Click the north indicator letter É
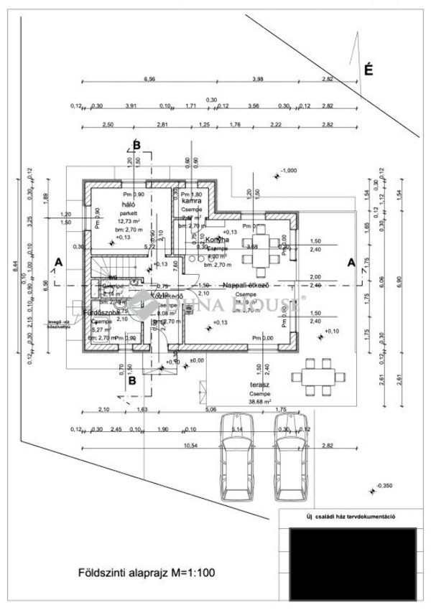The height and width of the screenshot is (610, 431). coord(369,70)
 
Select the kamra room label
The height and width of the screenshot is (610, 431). coord(191,203)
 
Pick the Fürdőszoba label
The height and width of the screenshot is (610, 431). coord(100,314)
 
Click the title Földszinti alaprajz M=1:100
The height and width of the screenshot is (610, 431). coord(146,573)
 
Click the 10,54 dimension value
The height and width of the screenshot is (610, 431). coord(149,446)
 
